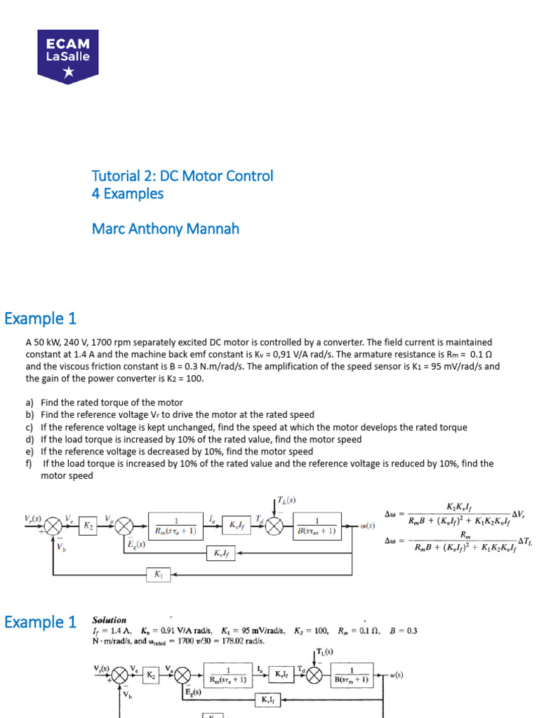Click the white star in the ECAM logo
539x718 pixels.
point(67,72)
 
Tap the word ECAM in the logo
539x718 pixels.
point(67,43)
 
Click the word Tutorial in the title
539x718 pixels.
point(112,176)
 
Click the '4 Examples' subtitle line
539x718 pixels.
point(127,194)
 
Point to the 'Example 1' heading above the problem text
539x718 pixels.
point(40,319)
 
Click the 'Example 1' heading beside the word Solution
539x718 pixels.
point(40,622)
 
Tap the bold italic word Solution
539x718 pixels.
point(109,621)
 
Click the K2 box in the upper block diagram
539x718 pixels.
point(88,524)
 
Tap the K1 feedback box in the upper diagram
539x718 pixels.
point(157,574)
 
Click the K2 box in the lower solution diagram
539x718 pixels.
point(151,675)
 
